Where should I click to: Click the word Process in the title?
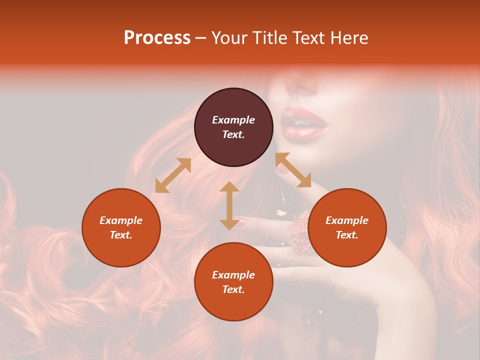coord(157,38)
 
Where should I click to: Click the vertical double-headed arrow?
coord(229,205)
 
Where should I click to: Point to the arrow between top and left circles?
coord(173,175)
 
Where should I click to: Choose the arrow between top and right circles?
coord(293,170)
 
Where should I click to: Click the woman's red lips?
coord(302,122)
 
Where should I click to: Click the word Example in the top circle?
coord(233,120)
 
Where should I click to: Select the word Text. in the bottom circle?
coord(233,289)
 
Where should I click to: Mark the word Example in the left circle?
coord(121,220)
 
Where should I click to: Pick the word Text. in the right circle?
coord(347,235)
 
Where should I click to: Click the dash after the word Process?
coord(201,38)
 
